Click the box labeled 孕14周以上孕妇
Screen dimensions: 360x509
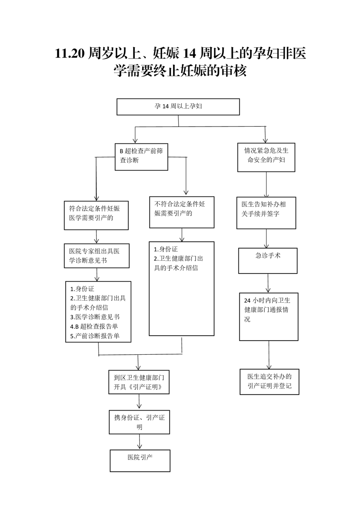pyautogui.click(x=178, y=107)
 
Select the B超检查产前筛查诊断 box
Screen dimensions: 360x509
pyautogui.click(x=141, y=157)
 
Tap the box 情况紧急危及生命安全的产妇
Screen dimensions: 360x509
pyautogui.click(x=266, y=157)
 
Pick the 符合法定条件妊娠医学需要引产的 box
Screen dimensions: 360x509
pyautogui.click(x=96, y=215)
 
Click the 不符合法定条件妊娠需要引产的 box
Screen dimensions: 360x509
pyautogui.click(x=182, y=212)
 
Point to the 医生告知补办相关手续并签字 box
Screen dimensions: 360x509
pyautogui.click(x=266, y=213)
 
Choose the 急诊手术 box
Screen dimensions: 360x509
pyautogui.click(x=268, y=261)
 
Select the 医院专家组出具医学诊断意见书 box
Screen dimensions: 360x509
pyautogui.click(x=97, y=256)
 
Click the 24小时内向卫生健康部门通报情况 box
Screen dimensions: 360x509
pyautogui.click(x=269, y=317)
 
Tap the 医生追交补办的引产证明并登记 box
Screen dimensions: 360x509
pyautogui.click(x=269, y=382)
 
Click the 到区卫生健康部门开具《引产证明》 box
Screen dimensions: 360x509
pyautogui.click(x=139, y=382)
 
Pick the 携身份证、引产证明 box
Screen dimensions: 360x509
pyautogui.click(x=139, y=422)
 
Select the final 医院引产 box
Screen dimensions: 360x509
pyautogui.click(x=140, y=460)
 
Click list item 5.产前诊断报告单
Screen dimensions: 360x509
pyautogui.click(x=95, y=336)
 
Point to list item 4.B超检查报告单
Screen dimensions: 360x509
pyautogui.click(x=94, y=327)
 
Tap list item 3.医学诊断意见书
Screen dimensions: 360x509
pyautogui.click(x=95, y=317)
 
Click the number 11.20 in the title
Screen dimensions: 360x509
pyautogui.click(x=69, y=53)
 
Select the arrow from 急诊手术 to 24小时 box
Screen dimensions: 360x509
pyautogui.click(x=268, y=283)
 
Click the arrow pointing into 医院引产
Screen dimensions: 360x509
pyautogui.click(x=140, y=442)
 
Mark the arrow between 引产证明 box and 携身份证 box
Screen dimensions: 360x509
pyautogui.click(x=139, y=402)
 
